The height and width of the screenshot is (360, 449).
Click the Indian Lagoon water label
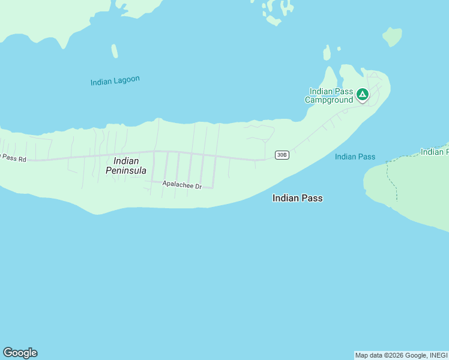coord(115,81)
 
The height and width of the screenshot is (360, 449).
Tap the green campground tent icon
coord(362,94)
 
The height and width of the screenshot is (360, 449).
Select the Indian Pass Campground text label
coord(330,95)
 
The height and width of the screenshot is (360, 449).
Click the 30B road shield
coord(282,155)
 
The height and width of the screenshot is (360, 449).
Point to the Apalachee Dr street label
coord(182,186)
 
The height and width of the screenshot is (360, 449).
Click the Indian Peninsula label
coord(126,166)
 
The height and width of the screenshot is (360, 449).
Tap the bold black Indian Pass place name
coord(297,198)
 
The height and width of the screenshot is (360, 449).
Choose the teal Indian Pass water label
coord(355,157)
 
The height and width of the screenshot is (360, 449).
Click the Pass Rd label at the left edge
coord(14,158)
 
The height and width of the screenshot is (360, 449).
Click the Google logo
coord(20,353)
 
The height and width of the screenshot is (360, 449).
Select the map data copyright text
coord(401,355)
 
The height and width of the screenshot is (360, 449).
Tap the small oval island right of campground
coord(393,37)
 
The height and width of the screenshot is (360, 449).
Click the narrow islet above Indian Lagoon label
coord(114,51)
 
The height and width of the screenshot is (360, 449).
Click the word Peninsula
coord(126,170)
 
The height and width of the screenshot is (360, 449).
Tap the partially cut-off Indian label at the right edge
coord(434,152)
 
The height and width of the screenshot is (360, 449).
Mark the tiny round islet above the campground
coord(339,49)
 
